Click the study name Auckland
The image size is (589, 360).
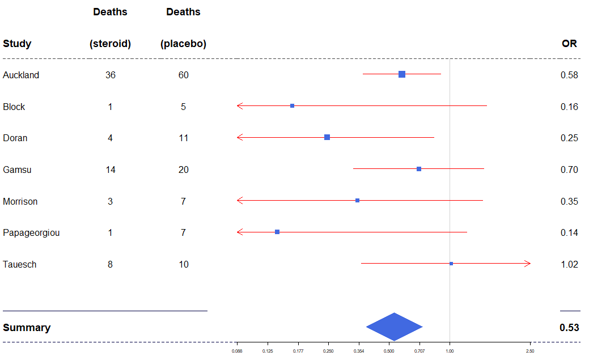(21, 75)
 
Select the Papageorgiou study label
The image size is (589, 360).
(31, 233)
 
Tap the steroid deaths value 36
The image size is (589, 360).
(111, 75)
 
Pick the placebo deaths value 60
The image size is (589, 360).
(183, 75)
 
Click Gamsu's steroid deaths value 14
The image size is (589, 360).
(111, 170)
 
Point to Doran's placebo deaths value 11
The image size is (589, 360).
(183, 138)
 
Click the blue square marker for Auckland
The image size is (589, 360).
(402, 74)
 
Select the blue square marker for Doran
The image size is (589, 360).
(327, 137)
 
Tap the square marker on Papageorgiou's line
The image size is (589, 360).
(277, 232)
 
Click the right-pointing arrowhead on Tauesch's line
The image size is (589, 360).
(528, 264)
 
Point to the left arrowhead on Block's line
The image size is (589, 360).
(240, 106)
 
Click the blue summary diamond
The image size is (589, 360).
(394, 327)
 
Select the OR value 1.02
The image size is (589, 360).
(569, 265)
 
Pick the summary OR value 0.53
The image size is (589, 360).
(569, 328)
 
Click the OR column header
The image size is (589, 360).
(569, 44)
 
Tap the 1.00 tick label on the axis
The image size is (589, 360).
(450, 351)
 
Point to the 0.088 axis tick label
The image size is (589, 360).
(237, 351)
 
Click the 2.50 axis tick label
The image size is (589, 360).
(530, 351)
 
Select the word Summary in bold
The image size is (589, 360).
(27, 328)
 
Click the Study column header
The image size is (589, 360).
(17, 44)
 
